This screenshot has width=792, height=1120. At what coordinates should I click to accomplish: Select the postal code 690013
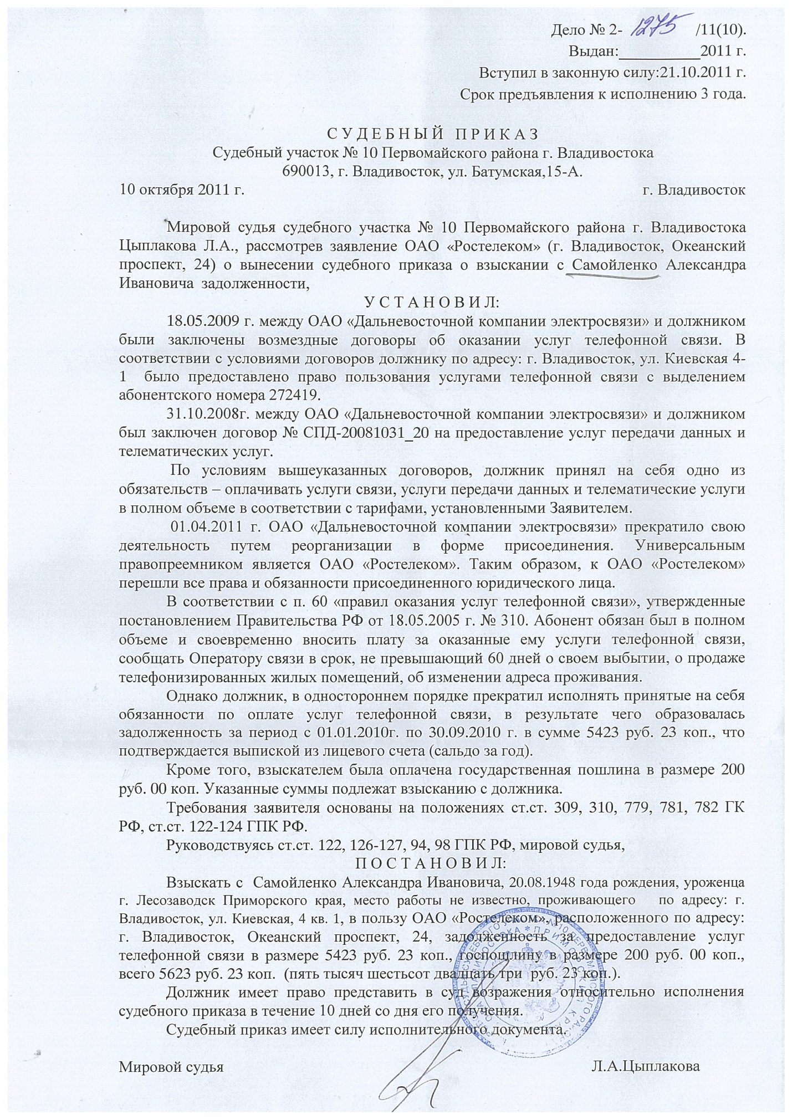pos(306,171)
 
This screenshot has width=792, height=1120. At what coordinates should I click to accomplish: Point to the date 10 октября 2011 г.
pos(182,190)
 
